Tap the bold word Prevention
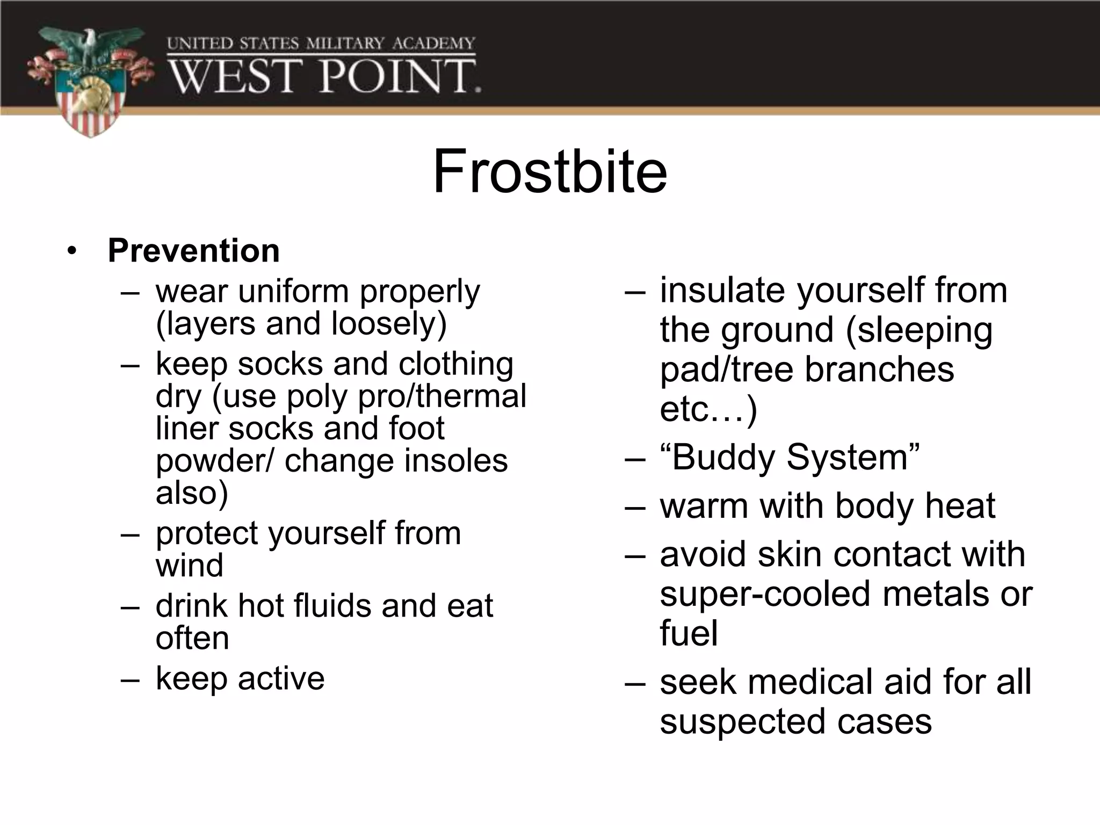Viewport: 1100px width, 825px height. (193, 251)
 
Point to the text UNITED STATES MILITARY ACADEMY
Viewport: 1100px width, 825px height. (321, 44)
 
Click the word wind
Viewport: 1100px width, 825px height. (189, 566)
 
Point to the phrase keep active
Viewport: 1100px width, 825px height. (240, 678)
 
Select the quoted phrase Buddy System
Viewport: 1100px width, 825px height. (790, 458)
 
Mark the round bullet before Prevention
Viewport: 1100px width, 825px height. (73, 251)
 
